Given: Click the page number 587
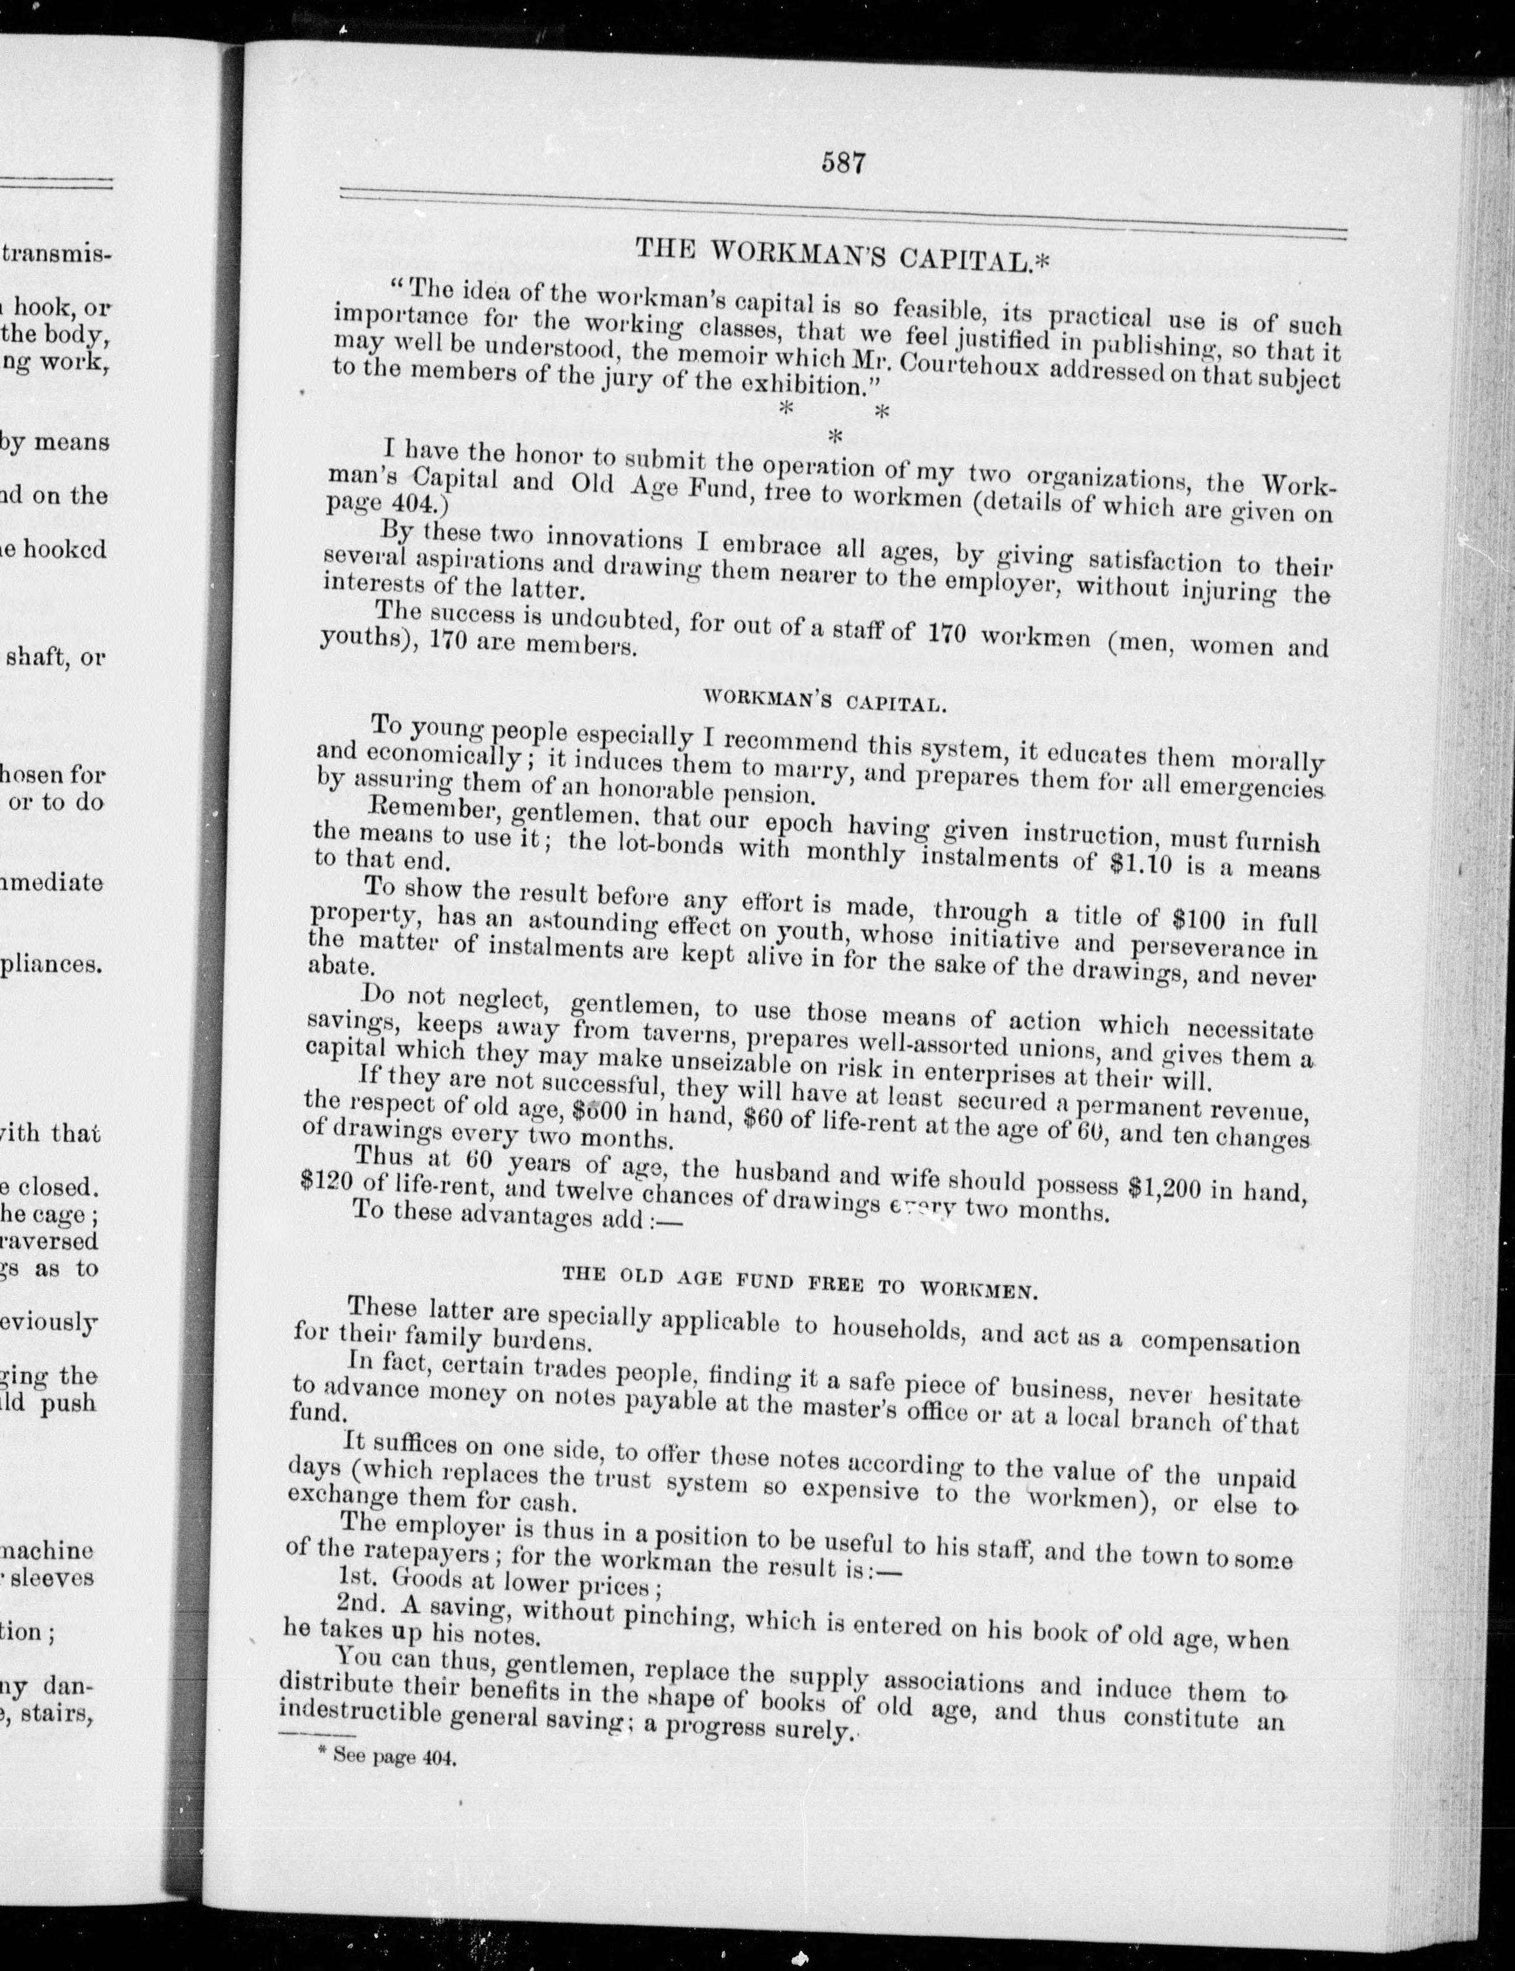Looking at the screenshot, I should tap(843, 164).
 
